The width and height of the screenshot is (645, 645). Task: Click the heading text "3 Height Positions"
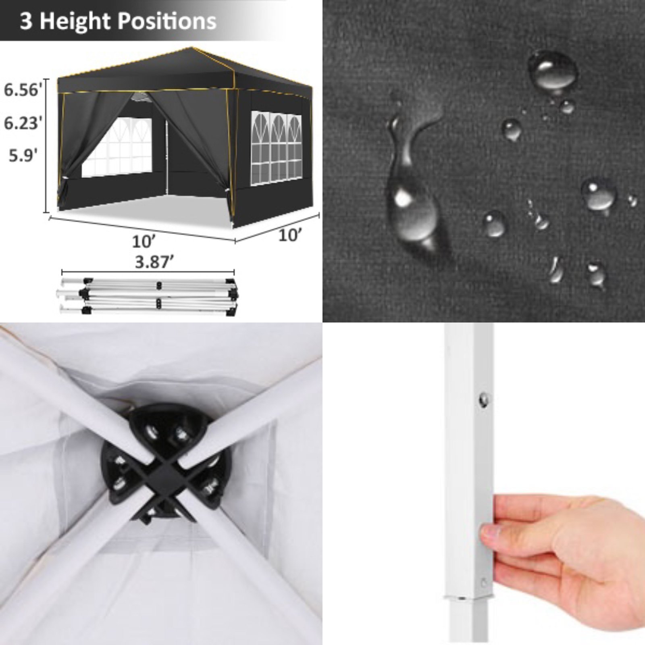[118, 21]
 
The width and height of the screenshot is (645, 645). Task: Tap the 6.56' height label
[23, 90]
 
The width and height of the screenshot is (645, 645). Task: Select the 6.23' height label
[23, 123]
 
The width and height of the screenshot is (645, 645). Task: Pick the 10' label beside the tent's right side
[290, 235]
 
